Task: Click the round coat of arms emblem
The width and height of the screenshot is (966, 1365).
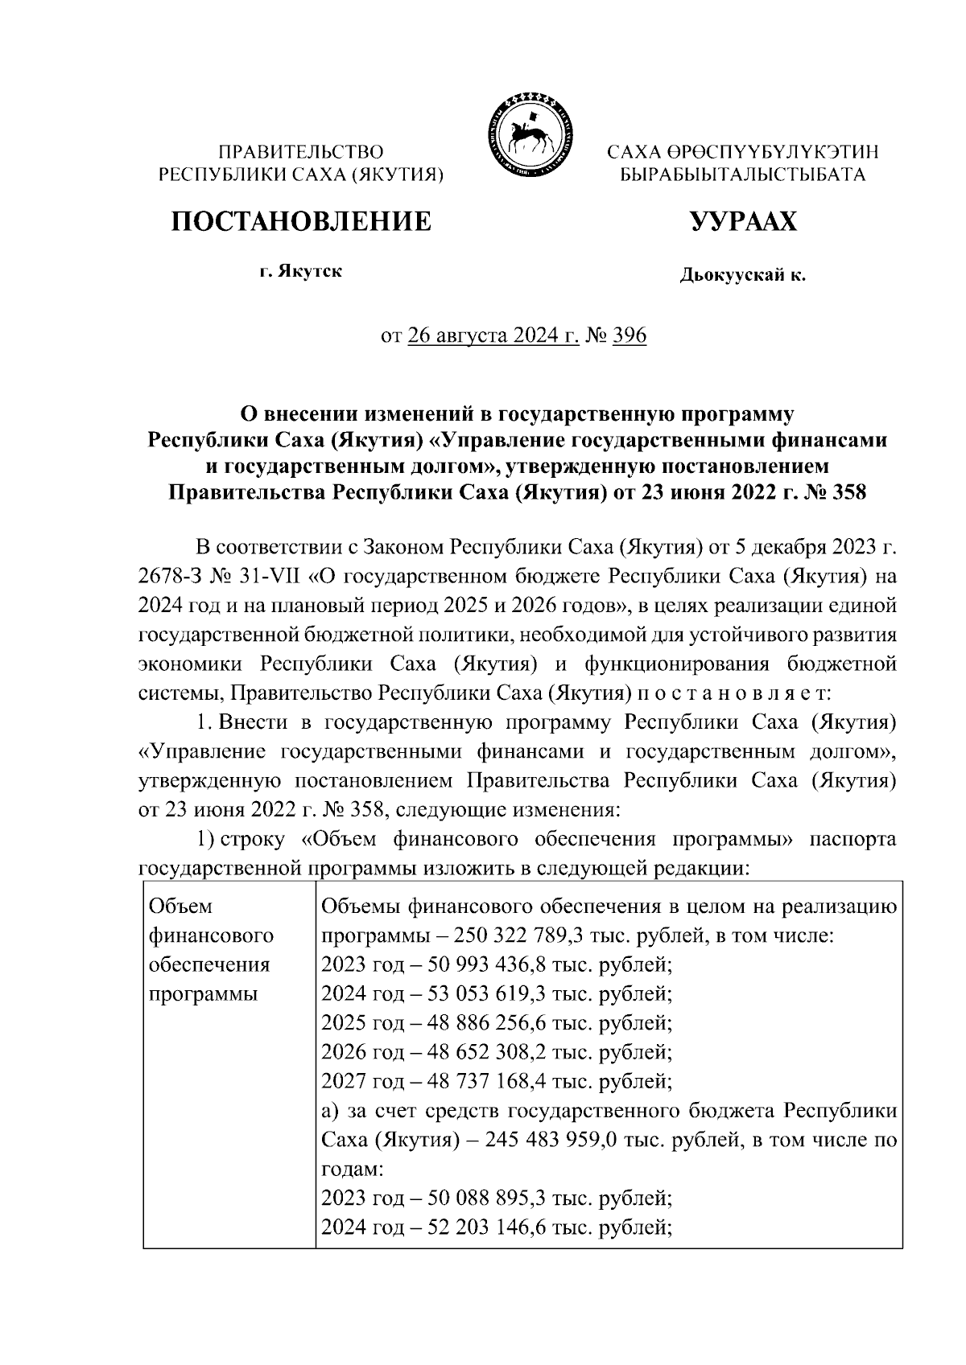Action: [x=528, y=134]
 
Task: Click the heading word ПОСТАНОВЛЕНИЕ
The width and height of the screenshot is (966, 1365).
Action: [x=300, y=221]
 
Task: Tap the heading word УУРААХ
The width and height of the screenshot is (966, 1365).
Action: [x=741, y=221]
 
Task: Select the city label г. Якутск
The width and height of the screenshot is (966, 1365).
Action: [x=300, y=272]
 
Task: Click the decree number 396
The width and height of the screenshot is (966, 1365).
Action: [x=630, y=335]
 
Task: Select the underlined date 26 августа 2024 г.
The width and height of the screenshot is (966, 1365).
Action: [x=493, y=335]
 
